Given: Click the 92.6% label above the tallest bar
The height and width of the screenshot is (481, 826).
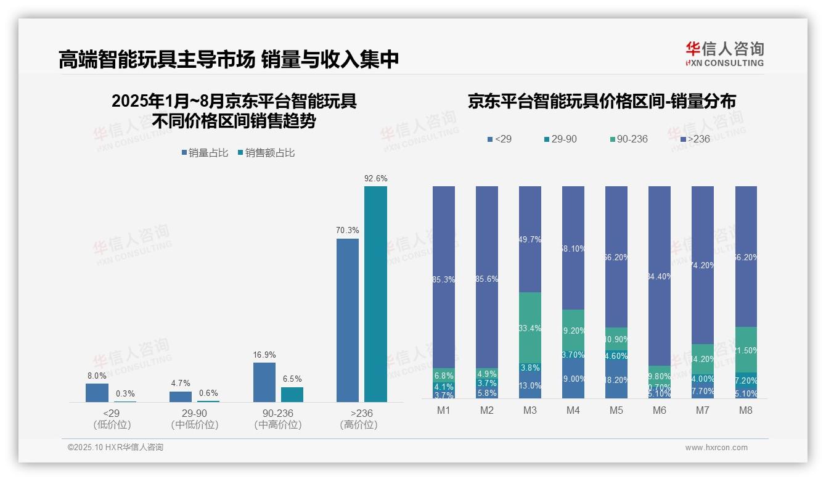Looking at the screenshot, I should tap(375, 178).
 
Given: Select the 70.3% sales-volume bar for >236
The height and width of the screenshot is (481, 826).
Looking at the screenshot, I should tap(347, 320).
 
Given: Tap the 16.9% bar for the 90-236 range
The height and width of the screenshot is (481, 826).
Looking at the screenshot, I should tap(264, 382).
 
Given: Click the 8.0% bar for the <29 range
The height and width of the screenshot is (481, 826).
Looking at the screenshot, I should tap(97, 393).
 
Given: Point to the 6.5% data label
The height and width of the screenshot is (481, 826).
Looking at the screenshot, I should tap(292, 379).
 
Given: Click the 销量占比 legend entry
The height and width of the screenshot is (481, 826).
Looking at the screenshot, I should tap(204, 152).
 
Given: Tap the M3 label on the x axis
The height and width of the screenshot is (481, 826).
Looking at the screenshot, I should tap(530, 411).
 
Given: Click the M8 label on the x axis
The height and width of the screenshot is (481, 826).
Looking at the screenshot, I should tap(745, 411).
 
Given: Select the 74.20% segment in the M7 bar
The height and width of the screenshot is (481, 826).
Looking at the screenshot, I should tap(702, 265).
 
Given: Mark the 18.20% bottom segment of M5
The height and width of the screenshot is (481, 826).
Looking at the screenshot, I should tap(616, 380).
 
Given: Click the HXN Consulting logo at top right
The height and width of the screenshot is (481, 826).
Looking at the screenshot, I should tap(724, 54).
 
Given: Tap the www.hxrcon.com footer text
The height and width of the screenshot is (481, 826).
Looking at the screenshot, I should tap(716, 448).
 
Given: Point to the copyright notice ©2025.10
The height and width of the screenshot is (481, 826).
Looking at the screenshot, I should tap(115, 448).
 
